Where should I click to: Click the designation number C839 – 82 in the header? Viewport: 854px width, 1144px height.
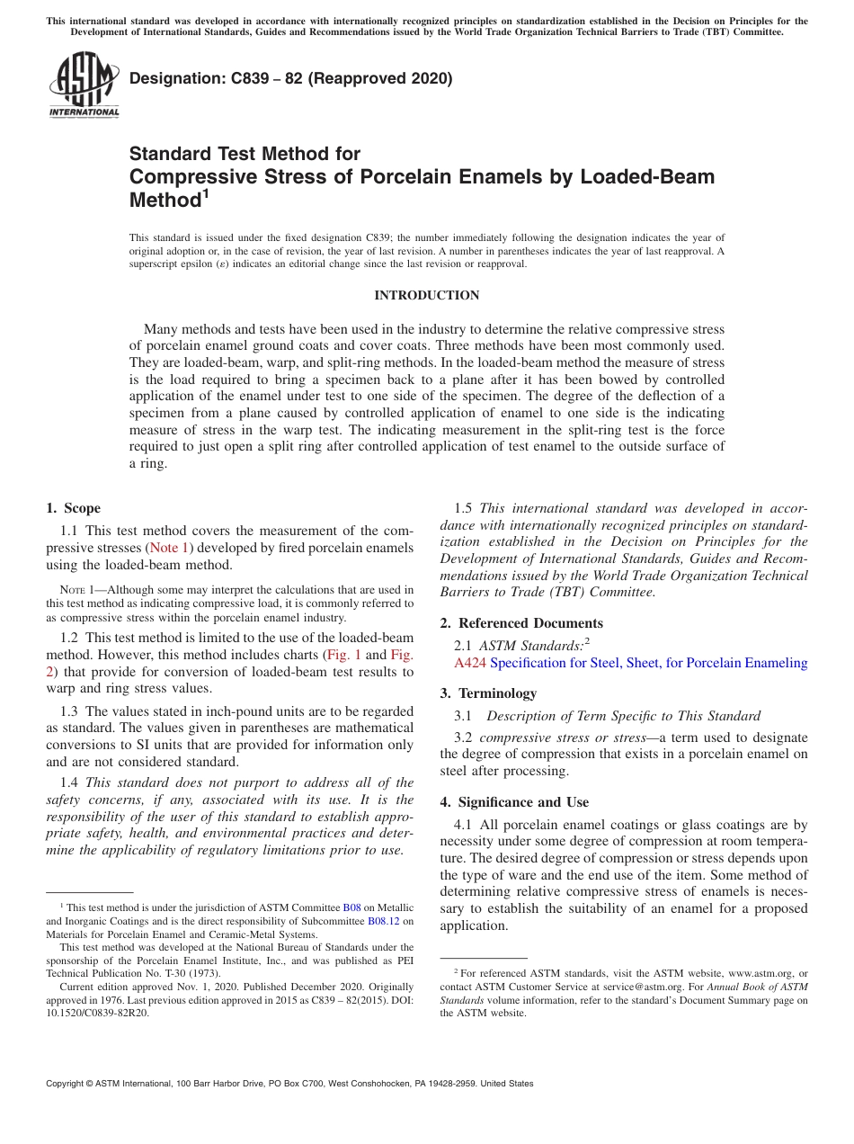tap(247, 79)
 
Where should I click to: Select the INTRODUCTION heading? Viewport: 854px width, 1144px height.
tap(426, 296)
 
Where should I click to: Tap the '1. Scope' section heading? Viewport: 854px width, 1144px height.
tap(73, 509)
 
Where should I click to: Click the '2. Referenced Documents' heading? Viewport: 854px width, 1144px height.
tap(521, 623)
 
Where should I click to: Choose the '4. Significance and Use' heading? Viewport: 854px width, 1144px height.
tap(514, 802)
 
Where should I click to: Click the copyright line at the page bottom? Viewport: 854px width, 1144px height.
tap(289, 1084)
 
